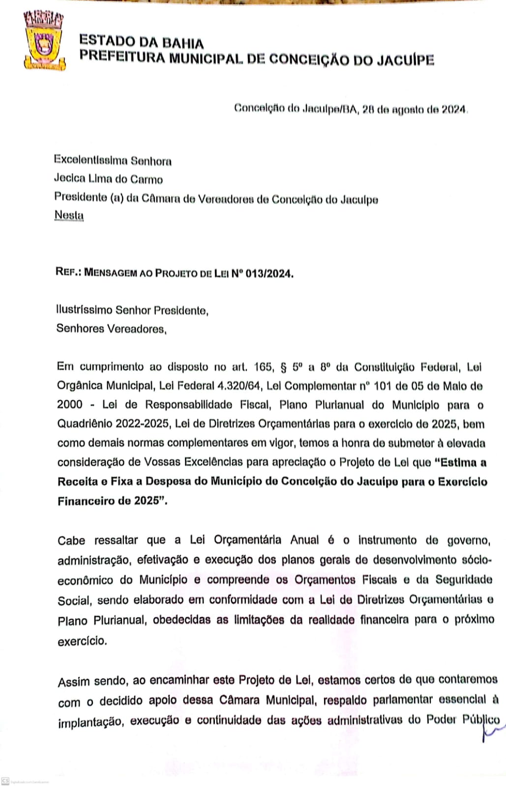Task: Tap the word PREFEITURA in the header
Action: click(122, 57)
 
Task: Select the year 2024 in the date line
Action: click(453, 109)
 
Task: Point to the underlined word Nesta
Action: click(69, 215)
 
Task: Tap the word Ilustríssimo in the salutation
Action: click(84, 310)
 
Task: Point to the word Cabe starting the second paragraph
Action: click(71, 541)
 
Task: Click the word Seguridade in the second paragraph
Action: click(463, 579)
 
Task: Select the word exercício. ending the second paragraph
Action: click(82, 641)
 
